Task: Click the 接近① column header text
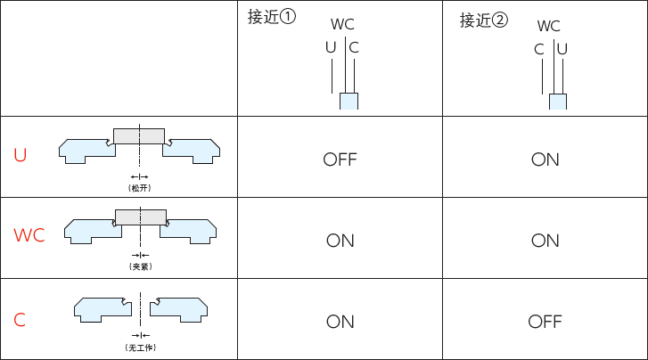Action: point(271,18)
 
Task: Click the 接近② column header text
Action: point(483,20)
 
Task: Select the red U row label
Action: point(21,156)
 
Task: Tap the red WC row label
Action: point(29,236)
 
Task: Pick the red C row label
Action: point(20,319)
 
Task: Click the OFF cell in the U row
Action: point(340,160)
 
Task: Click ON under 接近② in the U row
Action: point(545,160)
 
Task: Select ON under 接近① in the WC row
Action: point(340,241)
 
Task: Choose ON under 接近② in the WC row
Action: point(545,241)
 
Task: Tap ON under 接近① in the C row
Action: point(340,322)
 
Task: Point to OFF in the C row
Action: point(545,322)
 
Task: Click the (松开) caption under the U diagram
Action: point(140,188)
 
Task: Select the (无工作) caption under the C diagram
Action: point(140,348)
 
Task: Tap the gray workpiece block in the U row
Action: point(139,136)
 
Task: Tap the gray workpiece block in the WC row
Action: point(141,217)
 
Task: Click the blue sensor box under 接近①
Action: point(349,102)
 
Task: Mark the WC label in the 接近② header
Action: point(549,26)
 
